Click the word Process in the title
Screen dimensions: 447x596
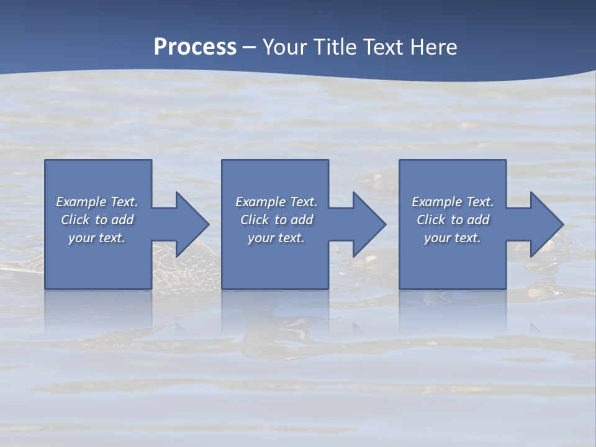195,47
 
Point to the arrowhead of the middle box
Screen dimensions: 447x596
368,224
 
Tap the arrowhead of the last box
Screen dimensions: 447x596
546,224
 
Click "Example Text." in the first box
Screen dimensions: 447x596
97,202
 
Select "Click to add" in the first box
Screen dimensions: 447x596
97,220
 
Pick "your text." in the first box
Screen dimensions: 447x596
97,238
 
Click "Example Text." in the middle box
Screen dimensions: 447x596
276,202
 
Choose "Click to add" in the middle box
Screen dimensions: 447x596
276,220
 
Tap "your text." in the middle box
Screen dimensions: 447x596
276,238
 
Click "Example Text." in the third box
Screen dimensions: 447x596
452,202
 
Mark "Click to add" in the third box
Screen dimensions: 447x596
452,220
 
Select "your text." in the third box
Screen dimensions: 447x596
452,238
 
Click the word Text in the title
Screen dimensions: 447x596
381,47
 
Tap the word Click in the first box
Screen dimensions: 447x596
75,220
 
